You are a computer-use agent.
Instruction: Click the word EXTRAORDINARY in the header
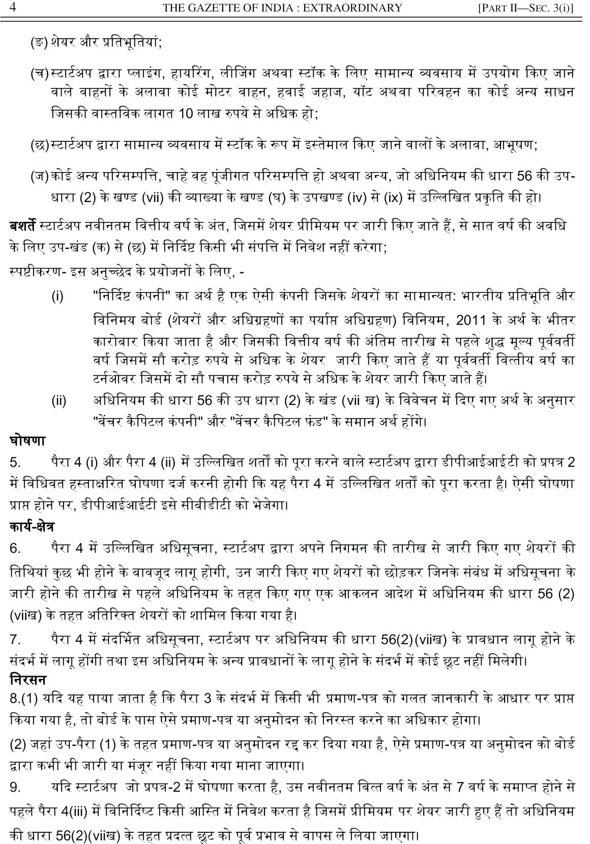tap(359, 8)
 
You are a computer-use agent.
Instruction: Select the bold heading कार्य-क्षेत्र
tap(32, 527)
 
